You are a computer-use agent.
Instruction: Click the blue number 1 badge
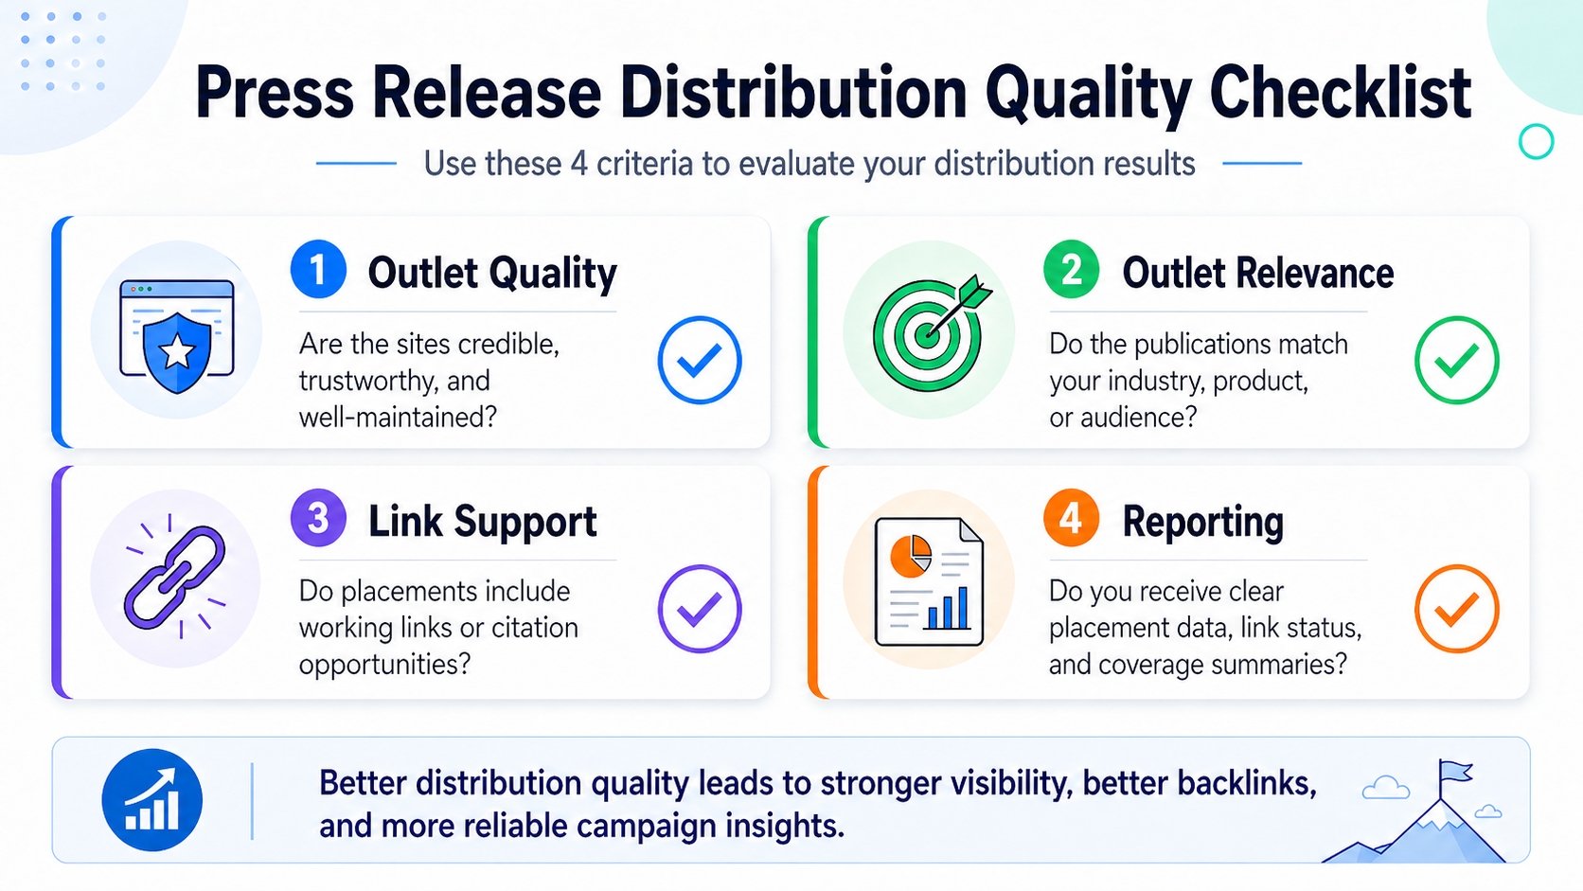pos(318,270)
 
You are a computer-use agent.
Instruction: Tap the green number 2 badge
pos(1071,270)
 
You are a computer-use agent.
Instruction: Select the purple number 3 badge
pos(318,518)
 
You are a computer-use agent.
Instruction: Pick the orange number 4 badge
pos(1071,518)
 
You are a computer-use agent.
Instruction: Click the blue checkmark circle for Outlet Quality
pos(700,360)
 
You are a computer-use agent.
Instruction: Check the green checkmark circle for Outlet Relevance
pos(1456,360)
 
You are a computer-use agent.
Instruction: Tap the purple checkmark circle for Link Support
pos(700,608)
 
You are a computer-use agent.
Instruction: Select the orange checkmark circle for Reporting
pos(1456,608)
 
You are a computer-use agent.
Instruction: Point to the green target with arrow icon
pos(929,331)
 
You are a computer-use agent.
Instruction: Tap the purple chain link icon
pos(175,578)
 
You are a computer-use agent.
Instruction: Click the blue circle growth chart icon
pos(152,800)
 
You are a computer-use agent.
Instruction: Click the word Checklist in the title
pos(1340,93)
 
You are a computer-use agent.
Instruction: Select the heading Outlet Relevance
pos(1257,273)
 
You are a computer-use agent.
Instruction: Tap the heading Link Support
pos(482,521)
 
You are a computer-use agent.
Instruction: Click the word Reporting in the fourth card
pos(1202,521)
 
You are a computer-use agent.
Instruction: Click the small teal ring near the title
pos(1536,142)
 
